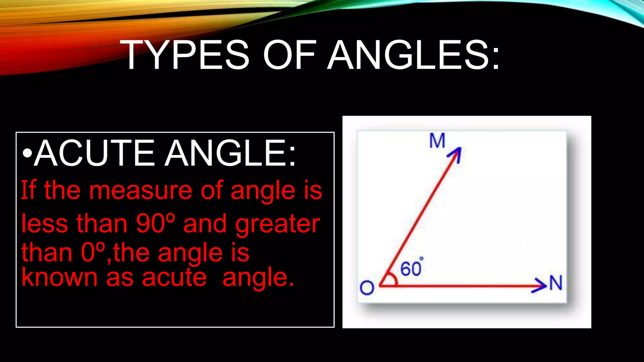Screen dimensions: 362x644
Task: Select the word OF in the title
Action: pyautogui.click(x=289, y=55)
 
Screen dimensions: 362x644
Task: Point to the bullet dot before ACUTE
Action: pyautogui.click(x=27, y=154)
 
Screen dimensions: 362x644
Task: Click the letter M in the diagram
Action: pyautogui.click(x=437, y=140)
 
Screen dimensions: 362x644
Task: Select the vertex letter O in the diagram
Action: pyautogui.click(x=367, y=288)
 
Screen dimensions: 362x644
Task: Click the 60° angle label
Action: pyautogui.click(x=411, y=268)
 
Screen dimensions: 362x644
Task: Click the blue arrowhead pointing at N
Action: pyautogui.click(x=540, y=285)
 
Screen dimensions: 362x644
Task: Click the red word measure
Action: pyautogui.click(x=141, y=191)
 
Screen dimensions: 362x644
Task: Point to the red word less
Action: pyautogui.click(x=44, y=223)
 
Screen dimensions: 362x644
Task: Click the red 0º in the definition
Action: pyautogui.click(x=92, y=252)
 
